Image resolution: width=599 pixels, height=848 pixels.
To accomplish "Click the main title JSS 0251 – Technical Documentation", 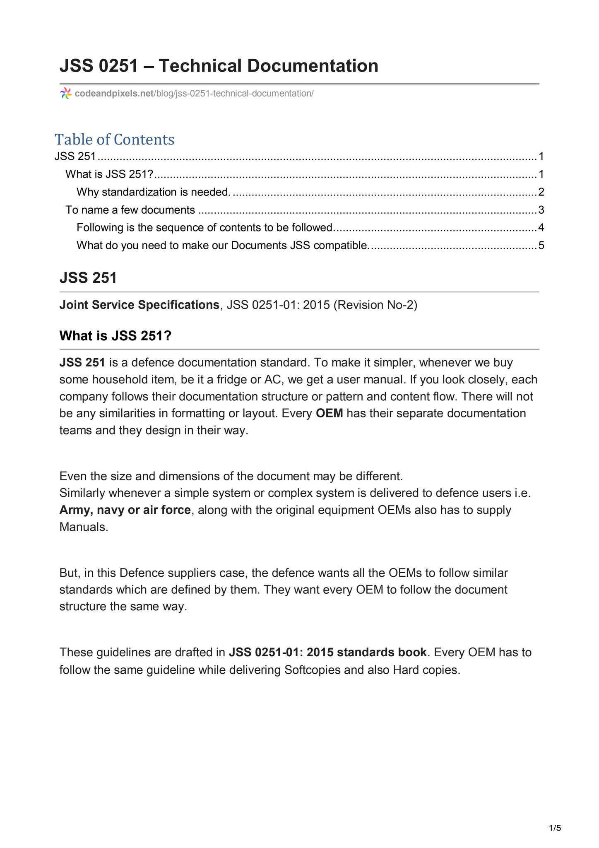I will click(219, 66).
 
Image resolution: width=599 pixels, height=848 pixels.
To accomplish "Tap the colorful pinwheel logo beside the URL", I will click(65, 93).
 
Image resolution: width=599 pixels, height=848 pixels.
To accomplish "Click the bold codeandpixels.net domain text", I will click(114, 94).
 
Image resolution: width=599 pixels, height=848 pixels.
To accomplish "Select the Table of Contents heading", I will click(115, 140).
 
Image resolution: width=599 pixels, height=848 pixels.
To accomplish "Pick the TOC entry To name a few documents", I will click(130, 210).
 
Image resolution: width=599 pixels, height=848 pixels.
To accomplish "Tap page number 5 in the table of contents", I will click(541, 246).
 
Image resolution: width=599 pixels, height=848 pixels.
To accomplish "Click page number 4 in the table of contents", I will click(541, 228).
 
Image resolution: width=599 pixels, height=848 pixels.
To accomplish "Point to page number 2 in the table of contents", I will click(541, 192).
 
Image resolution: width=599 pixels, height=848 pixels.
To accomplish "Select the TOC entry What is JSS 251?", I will click(110, 174).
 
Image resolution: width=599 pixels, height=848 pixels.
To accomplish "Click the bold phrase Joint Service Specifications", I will click(139, 305).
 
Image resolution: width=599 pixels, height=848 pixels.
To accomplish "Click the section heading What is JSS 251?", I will click(115, 336).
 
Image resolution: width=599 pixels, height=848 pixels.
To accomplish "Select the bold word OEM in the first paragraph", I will click(329, 413).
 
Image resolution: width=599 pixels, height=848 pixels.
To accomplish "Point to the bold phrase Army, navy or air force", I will click(125, 510).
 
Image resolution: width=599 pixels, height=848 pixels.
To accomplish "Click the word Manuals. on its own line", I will click(84, 527).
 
